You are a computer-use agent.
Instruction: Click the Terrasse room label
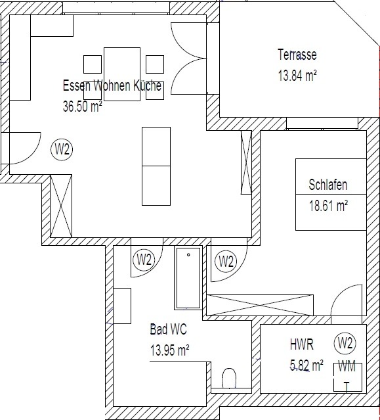coord(297,55)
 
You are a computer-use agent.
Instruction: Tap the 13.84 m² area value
coord(297,76)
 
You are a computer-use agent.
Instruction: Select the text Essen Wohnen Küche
coord(112,85)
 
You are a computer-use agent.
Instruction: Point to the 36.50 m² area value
coord(82,106)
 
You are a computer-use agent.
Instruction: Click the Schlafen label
coord(328,185)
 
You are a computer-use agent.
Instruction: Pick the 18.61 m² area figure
coord(328,206)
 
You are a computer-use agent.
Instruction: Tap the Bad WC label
coord(168,329)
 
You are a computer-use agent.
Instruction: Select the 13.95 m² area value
coord(170,350)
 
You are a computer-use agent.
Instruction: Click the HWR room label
coord(302,344)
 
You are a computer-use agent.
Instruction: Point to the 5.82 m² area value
coord(306,365)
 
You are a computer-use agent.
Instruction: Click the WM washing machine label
coord(347,367)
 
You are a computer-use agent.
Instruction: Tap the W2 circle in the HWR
coord(345,343)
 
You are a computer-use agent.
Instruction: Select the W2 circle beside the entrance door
coord(62,149)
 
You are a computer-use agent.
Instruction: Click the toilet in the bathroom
coord(230,378)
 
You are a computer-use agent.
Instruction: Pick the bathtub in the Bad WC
coord(188,278)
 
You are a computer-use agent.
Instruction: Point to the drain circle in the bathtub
coord(188,255)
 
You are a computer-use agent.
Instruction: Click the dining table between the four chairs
coord(122,74)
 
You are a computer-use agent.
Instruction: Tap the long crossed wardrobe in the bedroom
coord(260,305)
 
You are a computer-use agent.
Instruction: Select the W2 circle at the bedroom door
coord(226,262)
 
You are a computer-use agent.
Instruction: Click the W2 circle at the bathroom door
coord(144,260)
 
